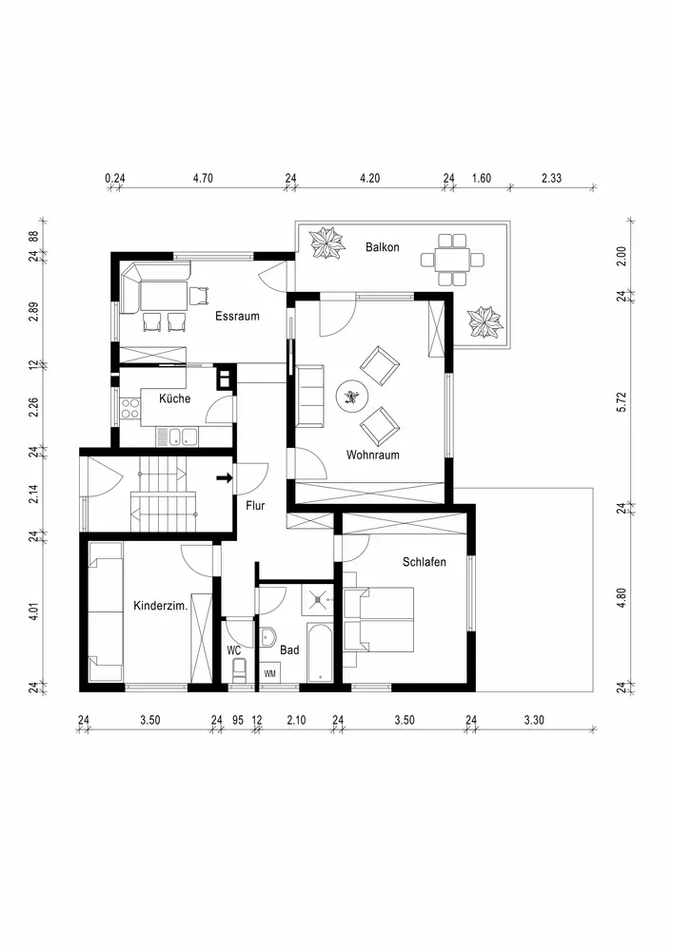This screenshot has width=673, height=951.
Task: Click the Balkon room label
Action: (383, 247)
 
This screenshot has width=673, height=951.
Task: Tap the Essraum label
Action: (237, 316)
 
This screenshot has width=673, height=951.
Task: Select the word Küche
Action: (175, 398)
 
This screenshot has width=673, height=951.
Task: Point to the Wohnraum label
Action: (372, 455)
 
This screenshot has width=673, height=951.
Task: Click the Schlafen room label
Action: (425, 562)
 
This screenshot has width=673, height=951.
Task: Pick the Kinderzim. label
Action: (160, 606)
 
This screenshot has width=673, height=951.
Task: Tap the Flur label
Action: (255, 505)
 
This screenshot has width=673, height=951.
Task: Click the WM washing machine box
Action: (270, 673)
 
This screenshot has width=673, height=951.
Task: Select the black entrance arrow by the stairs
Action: (225, 478)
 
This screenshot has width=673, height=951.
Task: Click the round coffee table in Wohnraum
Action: (352, 398)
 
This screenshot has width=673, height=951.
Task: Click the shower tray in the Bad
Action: (319, 600)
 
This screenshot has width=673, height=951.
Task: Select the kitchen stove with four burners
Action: (129, 408)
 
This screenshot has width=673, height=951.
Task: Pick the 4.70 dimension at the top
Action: (203, 179)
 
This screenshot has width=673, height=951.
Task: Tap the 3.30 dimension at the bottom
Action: (534, 721)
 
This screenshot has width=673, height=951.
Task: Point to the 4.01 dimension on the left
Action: (34, 611)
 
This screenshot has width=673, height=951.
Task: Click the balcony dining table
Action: (452, 261)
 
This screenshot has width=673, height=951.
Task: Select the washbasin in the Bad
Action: (268, 637)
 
